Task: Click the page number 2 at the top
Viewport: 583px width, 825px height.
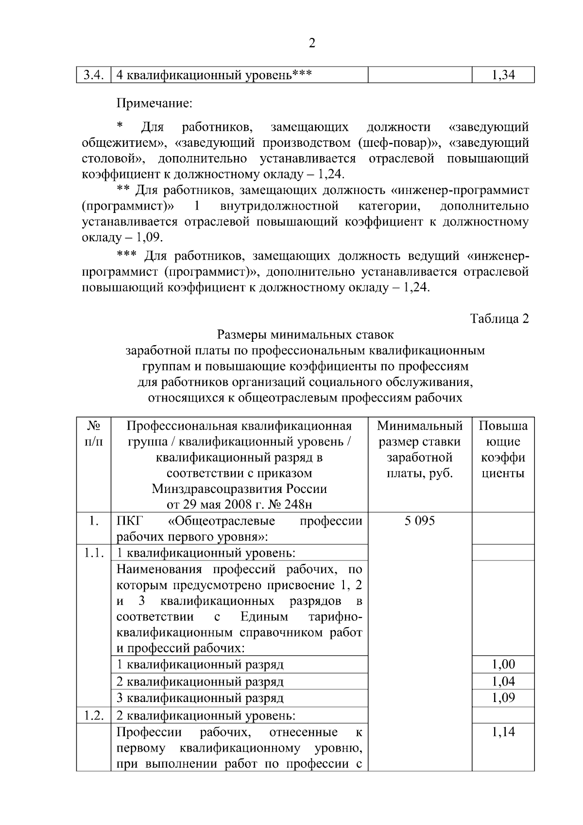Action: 312,44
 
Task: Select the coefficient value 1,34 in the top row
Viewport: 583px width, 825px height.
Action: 503,75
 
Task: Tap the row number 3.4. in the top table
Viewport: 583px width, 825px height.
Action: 93,75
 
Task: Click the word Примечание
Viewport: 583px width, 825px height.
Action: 154,103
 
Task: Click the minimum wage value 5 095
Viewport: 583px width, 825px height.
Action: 419,521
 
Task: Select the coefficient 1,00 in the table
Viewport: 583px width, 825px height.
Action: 503,664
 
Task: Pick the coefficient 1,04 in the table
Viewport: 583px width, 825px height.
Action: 503,681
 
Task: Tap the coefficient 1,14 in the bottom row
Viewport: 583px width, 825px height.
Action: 503,732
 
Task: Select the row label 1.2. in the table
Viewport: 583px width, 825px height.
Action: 93,716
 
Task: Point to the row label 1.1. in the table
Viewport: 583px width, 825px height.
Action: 93,553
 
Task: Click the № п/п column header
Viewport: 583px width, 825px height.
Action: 93,434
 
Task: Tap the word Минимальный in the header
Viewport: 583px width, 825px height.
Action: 419,426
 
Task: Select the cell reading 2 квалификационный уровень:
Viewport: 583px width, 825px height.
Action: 206,716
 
